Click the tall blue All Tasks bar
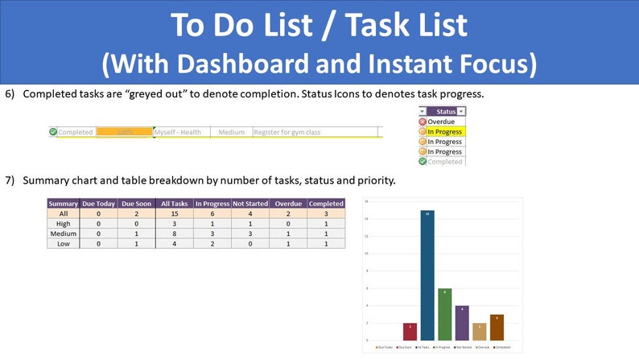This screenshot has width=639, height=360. (427, 275)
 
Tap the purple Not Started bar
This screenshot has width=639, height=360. (462, 322)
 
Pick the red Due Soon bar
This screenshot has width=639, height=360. (409, 331)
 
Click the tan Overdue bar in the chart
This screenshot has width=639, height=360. (479, 331)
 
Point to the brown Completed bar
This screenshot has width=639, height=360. (497, 327)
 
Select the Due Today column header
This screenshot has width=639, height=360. (99, 204)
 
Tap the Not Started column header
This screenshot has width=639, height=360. (250, 204)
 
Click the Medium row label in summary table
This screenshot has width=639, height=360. (64, 234)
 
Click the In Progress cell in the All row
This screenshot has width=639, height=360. (212, 213)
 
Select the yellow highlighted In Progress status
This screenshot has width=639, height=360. (444, 131)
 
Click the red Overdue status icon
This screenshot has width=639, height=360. (423, 122)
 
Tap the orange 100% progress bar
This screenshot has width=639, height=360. (124, 132)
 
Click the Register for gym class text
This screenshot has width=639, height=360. (287, 132)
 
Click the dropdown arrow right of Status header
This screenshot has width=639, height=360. (461, 111)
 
